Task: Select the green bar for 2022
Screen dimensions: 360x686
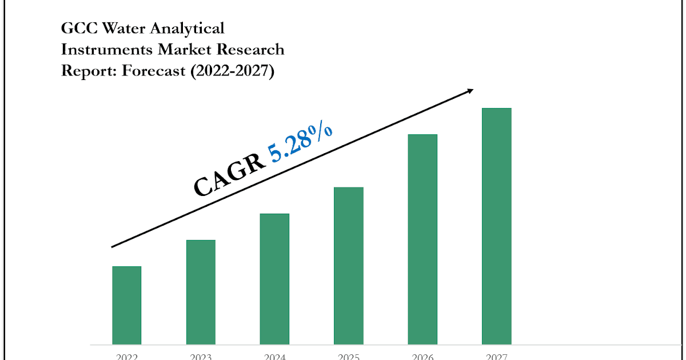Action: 126,305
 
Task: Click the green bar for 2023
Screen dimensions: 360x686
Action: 201,292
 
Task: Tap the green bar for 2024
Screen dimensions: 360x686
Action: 274,279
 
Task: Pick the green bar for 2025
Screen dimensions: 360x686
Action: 349,266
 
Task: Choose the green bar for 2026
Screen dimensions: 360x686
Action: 422,239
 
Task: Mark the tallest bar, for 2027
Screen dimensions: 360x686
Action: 497,226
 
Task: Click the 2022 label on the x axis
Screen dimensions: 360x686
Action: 126,357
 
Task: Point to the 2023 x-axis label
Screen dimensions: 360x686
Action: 201,357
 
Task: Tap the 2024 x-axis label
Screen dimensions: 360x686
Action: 274,357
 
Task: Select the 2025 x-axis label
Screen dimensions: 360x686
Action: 349,357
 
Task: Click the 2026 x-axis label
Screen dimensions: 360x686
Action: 422,357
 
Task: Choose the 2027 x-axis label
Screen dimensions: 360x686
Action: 497,357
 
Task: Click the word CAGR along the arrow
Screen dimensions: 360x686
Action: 229,177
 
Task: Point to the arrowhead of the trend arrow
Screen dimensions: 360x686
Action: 470,90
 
